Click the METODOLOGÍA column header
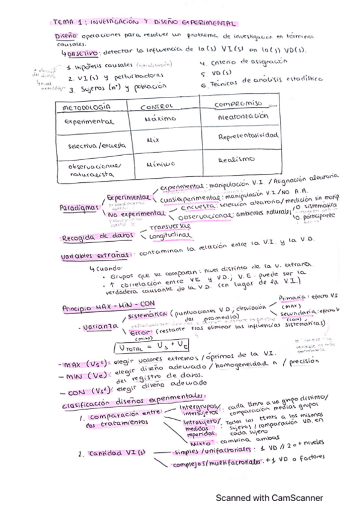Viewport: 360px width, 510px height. [85, 107]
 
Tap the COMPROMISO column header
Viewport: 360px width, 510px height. [239, 104]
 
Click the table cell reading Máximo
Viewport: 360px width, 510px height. [159, 119]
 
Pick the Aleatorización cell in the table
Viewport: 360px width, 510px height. [243, 116]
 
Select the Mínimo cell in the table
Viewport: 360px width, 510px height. [160, 162]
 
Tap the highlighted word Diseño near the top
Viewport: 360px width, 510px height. [63, 36]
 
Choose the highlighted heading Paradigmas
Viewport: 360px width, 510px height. [79, 207]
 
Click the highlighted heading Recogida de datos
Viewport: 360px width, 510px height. [97, 237]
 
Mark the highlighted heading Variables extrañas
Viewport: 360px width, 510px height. [97, 257]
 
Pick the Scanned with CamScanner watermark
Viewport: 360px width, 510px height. [269, 498]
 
